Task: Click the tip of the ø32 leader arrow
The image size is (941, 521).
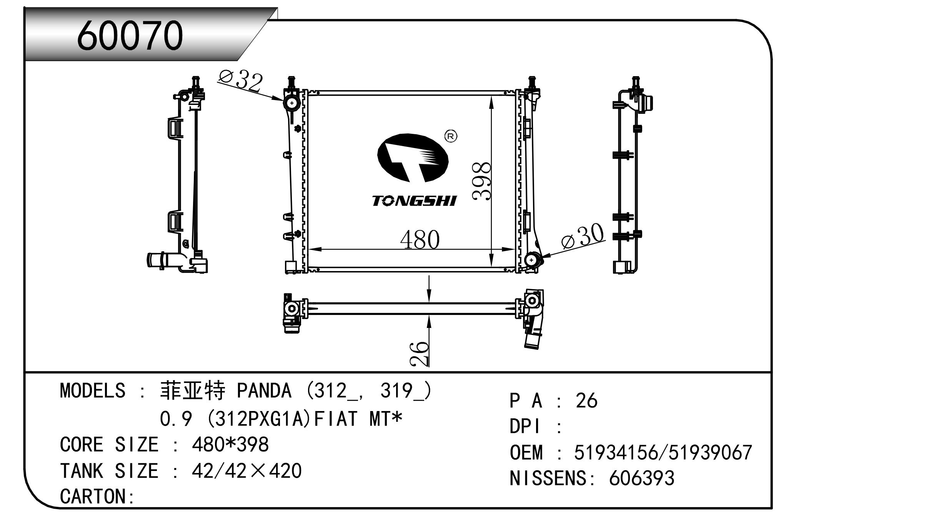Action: pos(285,100)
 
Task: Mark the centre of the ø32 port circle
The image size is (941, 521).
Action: pos(292,103)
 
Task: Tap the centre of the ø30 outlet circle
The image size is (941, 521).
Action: pos(532,260)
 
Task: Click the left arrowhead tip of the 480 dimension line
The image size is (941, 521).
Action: pos(309,250)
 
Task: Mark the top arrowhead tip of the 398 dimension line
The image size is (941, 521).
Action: pos(491,97)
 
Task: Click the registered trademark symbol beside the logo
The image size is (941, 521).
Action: pos(451,136)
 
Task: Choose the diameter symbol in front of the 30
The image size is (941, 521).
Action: pos(569,241)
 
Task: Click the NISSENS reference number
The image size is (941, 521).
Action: pos(641,478)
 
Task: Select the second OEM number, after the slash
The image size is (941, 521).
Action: pos(710,452)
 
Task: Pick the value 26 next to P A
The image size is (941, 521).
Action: pos(586,401)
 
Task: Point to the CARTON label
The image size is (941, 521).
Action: pos(97,496)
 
